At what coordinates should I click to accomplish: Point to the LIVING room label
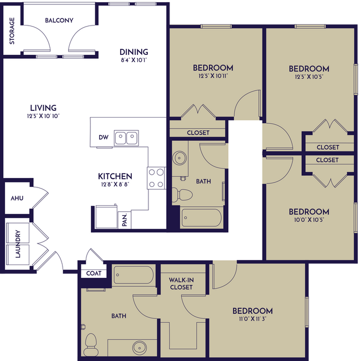click(x=43, y=108)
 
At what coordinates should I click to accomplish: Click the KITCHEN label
click(x=115, y=176)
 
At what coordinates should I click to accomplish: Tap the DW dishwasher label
click(x=103, y=137)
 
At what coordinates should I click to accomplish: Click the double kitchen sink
click(x=126, y=137)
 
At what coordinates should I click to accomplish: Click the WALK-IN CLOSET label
click(x=181, y=283)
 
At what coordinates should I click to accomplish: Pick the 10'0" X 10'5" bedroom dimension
click(x=308, y=220)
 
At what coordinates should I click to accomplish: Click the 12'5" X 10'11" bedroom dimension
click(x=213, y=75)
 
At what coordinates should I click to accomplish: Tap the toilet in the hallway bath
click(x=182, y=195)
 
